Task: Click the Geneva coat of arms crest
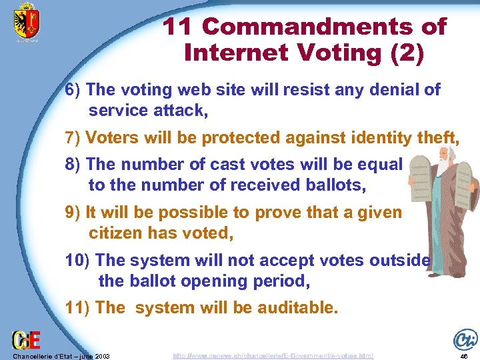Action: click(x=27, y=21)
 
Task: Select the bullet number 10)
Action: click(x=79, y=261)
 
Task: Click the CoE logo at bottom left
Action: click(x=25, y=341)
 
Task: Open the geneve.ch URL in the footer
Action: click(x=273, y=356)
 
